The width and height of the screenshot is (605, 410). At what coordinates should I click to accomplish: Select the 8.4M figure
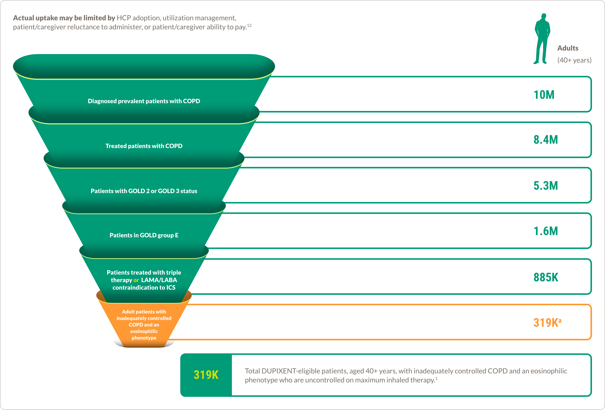[x=546, y=140]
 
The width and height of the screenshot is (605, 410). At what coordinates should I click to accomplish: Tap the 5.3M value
[x=546, y=186]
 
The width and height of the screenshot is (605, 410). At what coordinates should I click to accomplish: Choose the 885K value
[x=546, y=277]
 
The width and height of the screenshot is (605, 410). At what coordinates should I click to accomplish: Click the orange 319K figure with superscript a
[x=547, y=323]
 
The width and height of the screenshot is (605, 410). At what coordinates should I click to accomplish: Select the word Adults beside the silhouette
[x=568, y=48]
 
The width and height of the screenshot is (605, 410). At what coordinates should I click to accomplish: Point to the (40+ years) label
[x=574, y=60]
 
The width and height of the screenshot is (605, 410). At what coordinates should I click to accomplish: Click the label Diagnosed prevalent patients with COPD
[x=144, y=101]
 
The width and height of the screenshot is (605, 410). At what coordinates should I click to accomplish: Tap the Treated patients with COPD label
[x=144, y=146]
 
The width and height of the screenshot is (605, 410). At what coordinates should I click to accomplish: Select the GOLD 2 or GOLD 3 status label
[x=144, y=191]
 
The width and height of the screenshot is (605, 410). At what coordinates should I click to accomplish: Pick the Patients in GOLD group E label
[x=144, y=235]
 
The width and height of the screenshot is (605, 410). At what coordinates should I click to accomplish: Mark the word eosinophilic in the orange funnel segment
[x=144, y=331]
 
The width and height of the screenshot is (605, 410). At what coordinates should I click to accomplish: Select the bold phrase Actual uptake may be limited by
[x=64, y=18]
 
